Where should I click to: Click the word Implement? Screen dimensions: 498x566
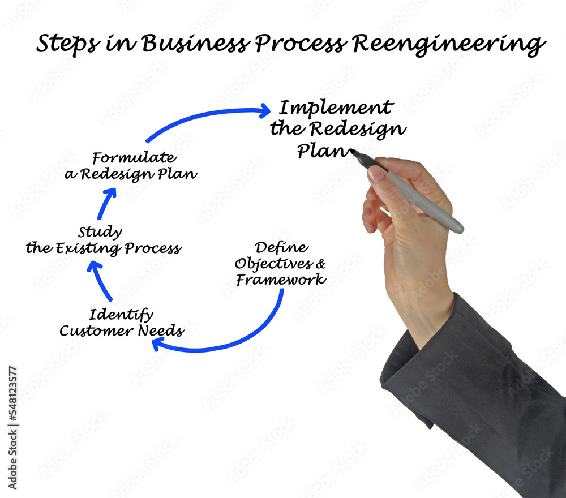tap(336, 108)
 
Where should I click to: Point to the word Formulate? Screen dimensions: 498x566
tap(134, 158)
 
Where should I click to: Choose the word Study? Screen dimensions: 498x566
tap(100, 233)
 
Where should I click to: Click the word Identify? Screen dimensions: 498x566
tap(121, 315)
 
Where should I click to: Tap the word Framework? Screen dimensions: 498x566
tap(281, 280)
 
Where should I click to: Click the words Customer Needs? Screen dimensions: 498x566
tap(121, 331)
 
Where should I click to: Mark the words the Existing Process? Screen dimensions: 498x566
tap(104, 248)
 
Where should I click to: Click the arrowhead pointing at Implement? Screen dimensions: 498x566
tap(263, 110)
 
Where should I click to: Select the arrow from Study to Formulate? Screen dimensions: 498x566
tap(106, 204)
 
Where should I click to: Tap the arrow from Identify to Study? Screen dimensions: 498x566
tap(100, 280)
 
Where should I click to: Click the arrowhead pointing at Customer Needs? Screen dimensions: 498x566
tap(158, 343)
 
